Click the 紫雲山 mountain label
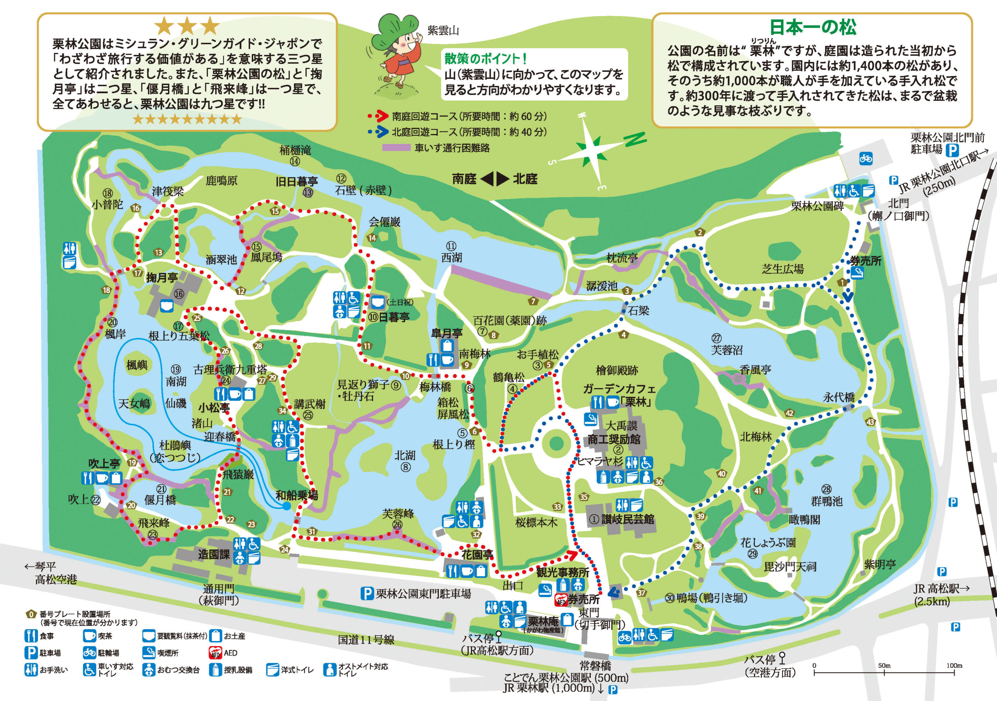point(443,30)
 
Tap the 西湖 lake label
point(452,257)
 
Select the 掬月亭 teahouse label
point(162,278)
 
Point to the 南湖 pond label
point(176,381)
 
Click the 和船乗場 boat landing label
point(297,495)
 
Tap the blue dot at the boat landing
point(286,506)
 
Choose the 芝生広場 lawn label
point(782,269)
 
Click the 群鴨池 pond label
point(827,501)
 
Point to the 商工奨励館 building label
point(614,439)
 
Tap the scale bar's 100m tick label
point(955,666)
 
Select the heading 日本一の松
point(812,27)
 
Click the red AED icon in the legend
point(215,653)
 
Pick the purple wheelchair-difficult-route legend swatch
point(396,148)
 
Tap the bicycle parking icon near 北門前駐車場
point(866,158)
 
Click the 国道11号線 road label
point(366,640)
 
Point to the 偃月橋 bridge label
point(160,500)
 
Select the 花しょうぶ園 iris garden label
point(768,542)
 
